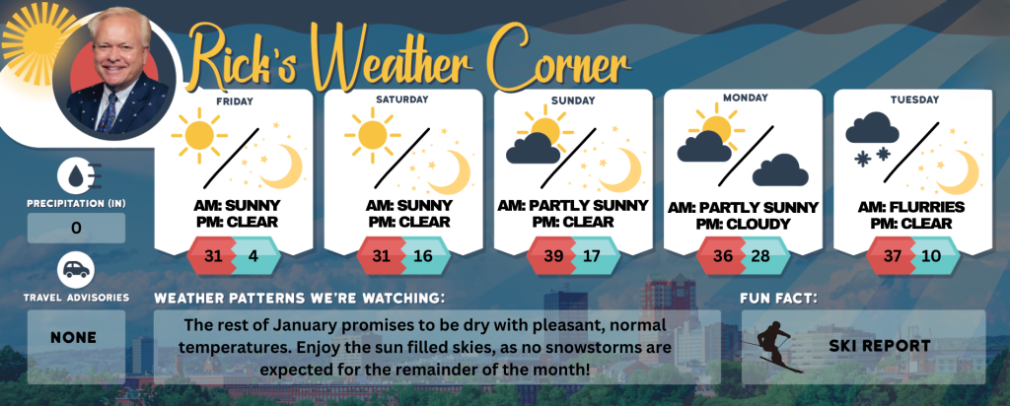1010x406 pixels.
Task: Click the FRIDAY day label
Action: pyautogui.click(x=235, y=101)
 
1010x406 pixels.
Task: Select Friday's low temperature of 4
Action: pyautogui.click(x=253, y=255)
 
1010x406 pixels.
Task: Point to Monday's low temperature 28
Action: pyautogui.click(x=760, y=255)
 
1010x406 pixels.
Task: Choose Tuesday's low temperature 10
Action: pyautogui.click(x=931, y=255)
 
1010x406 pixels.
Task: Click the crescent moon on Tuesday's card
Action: pyautogui.click(x=958, y=171)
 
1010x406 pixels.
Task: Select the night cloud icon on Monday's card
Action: pyautogui.click(x=780, y=169)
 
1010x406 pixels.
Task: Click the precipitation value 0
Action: pyautogui.click(x=76, y=228)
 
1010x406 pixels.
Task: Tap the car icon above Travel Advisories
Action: pyautogui.click(x=76, y=270)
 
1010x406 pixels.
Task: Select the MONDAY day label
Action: pyautogui.click(x=746, y=98)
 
